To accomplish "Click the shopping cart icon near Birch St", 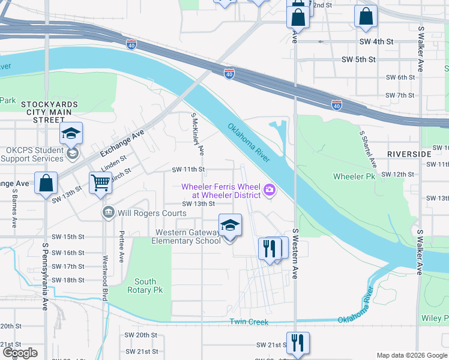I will [x=101, y=182].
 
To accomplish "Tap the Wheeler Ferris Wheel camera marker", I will [x=270, y=191].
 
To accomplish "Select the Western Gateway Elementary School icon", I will [x=230, y=225].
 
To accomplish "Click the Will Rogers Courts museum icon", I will [x=109, y=212].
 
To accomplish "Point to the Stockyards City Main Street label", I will [x=50, y=112].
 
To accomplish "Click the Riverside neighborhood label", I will [x=409, y=154].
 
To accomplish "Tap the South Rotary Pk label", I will [x=145, y=286].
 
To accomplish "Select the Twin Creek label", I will [x=249, y=322].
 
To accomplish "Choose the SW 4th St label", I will [x=376, y=42].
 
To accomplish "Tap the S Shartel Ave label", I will [x=367, y=149].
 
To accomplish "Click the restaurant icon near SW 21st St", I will [x=298, y=343].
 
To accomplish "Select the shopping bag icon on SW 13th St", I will [x=46, y=184].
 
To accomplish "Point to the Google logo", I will [x=20, y=353].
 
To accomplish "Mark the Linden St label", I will [x=113, y=161].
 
